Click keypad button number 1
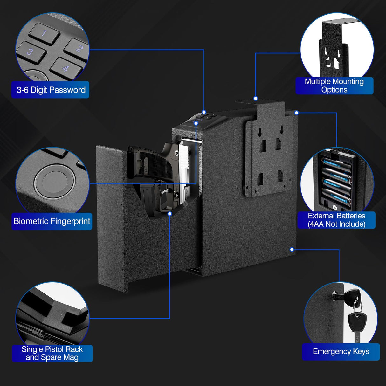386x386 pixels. [x=44, y=33]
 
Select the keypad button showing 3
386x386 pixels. [x=30, y=52]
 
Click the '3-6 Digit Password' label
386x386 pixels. [x=51, y=90]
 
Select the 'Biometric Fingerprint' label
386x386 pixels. [x=52, y=221]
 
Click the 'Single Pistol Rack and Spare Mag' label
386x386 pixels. [x=52, y=353]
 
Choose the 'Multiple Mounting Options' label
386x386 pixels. [x=334, y=86]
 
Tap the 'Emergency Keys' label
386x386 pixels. [x=341, y=352]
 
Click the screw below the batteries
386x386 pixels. [x=334, y=207]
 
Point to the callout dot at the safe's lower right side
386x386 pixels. [x=292, y=250]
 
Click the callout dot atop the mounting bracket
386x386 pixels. [x=256, y=99]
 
